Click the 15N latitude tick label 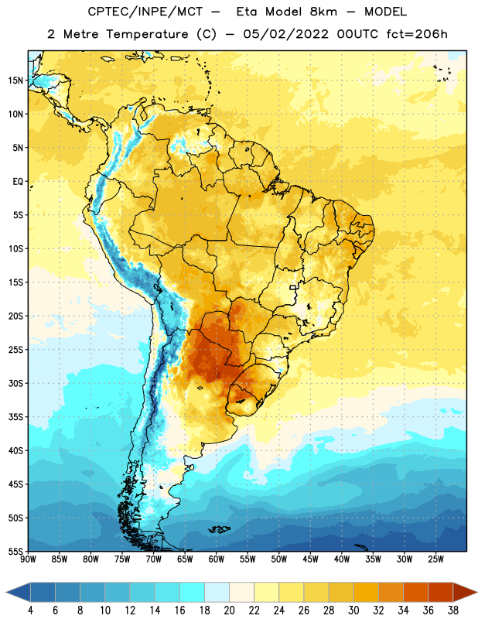[15, 80]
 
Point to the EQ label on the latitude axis [18, 182]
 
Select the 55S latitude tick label [15, 551]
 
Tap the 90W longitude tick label [28, 559]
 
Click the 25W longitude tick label [435, 559]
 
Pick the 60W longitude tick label [217, 559]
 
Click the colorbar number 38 [452, 610]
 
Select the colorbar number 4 [30, 610]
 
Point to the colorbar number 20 [229, 610]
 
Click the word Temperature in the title [147, 34]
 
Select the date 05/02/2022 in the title [285, 34]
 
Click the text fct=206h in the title [417, 34]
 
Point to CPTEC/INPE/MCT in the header [145, 12]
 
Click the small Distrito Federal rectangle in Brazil [293, 287]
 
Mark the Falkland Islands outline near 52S [219, 529]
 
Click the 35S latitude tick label [15, 417]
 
